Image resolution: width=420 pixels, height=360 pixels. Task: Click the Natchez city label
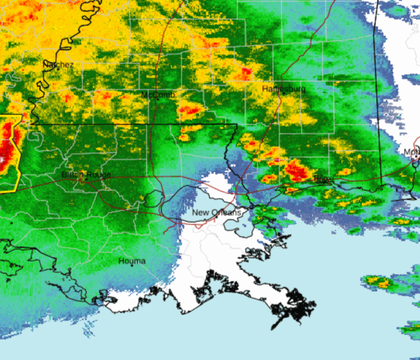coord(58,65)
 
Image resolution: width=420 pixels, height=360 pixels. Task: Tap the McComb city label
coord(159,95)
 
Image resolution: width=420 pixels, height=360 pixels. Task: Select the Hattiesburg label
coord(284,89)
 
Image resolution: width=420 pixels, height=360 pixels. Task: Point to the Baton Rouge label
coord(86,175)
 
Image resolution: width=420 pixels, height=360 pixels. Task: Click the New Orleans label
coord(216,212)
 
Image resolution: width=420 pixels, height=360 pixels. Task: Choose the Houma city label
coord(132,261)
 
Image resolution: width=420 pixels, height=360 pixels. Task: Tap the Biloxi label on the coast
coord(323,179)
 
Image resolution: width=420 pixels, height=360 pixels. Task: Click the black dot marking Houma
coord(132,265)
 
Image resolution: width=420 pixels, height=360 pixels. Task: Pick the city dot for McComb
coord(158,99)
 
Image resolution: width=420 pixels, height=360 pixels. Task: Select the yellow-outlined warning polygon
coord(9,152)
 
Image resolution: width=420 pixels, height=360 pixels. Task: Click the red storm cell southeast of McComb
coord(190,109)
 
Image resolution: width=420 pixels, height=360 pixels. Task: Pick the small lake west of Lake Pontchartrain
coord(153,197)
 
